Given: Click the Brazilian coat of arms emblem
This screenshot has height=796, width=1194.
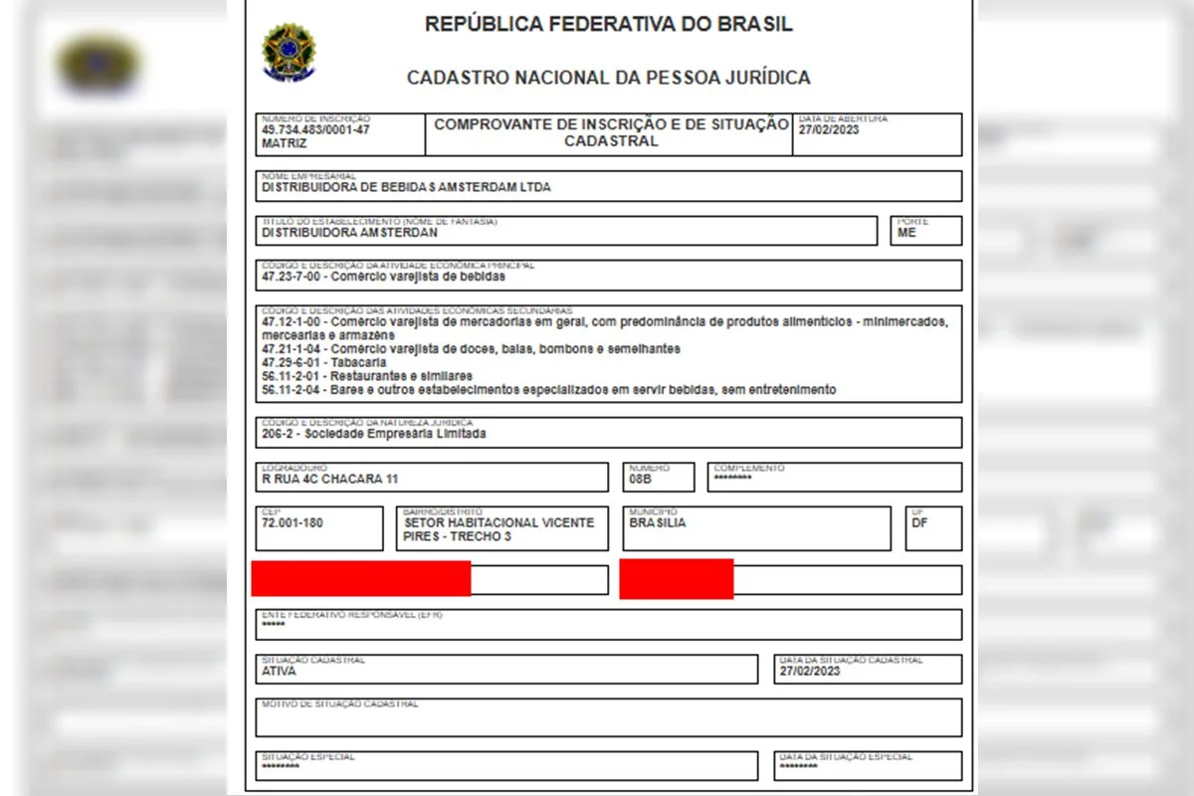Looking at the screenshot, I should click(x=288, y=53).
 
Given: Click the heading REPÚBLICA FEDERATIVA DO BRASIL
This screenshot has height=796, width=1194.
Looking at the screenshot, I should click(x=609, y=25).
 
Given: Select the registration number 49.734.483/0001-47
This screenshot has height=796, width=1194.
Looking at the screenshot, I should click(x=315, y=130).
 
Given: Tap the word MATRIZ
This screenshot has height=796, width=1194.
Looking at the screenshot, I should click(x=285, y=143).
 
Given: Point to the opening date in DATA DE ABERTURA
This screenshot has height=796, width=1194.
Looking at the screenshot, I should click(x=828, y=130).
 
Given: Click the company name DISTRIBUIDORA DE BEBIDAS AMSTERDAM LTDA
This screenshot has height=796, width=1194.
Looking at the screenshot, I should click(x=406, y=187).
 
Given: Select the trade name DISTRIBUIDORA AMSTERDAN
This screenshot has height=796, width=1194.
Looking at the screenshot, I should click(x=349, y=233).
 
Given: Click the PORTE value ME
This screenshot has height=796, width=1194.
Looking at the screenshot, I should click(x=906, y=233).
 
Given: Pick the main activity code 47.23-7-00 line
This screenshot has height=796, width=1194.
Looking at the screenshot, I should click(x=383, y=277).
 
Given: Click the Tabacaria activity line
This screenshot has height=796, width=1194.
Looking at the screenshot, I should click(x=308, y=363).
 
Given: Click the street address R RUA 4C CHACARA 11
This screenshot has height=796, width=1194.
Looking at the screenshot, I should click(x=330, y=479).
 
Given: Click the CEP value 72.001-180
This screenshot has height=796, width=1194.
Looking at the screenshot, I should click(x=292, y=522).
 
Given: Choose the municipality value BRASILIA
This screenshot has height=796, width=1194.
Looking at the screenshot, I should click(x=658, y=522).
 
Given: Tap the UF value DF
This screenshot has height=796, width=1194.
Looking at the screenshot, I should click(x=919, y=522).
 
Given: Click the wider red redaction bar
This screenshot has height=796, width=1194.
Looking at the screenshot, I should click(x=360, y=578).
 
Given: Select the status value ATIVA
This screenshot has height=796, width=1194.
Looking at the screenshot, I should click(x=279, y=671).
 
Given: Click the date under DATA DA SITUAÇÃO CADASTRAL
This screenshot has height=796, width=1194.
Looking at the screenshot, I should click(x=811, y=671).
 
